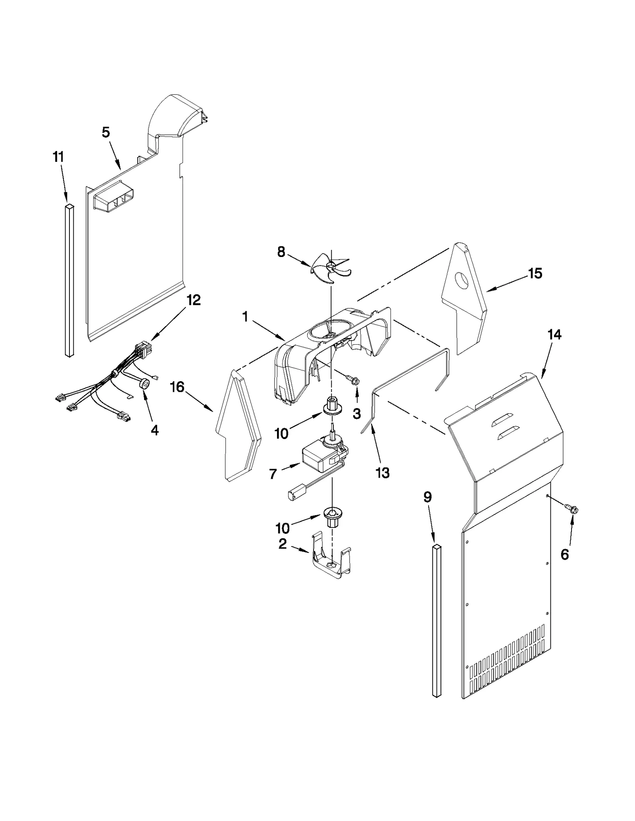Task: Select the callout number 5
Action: [x=106, y=132]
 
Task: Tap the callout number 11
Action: [x=58, y=157]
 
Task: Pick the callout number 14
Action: [x=554, y=335]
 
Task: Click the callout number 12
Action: [x=194, y=300]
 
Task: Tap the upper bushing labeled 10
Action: [x=332, y=406]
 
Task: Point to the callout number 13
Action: [x=383, y=473]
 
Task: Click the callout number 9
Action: [x=427, y=497]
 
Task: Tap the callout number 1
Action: [x=245, y=317]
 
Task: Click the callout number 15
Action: [x=535, y=273]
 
